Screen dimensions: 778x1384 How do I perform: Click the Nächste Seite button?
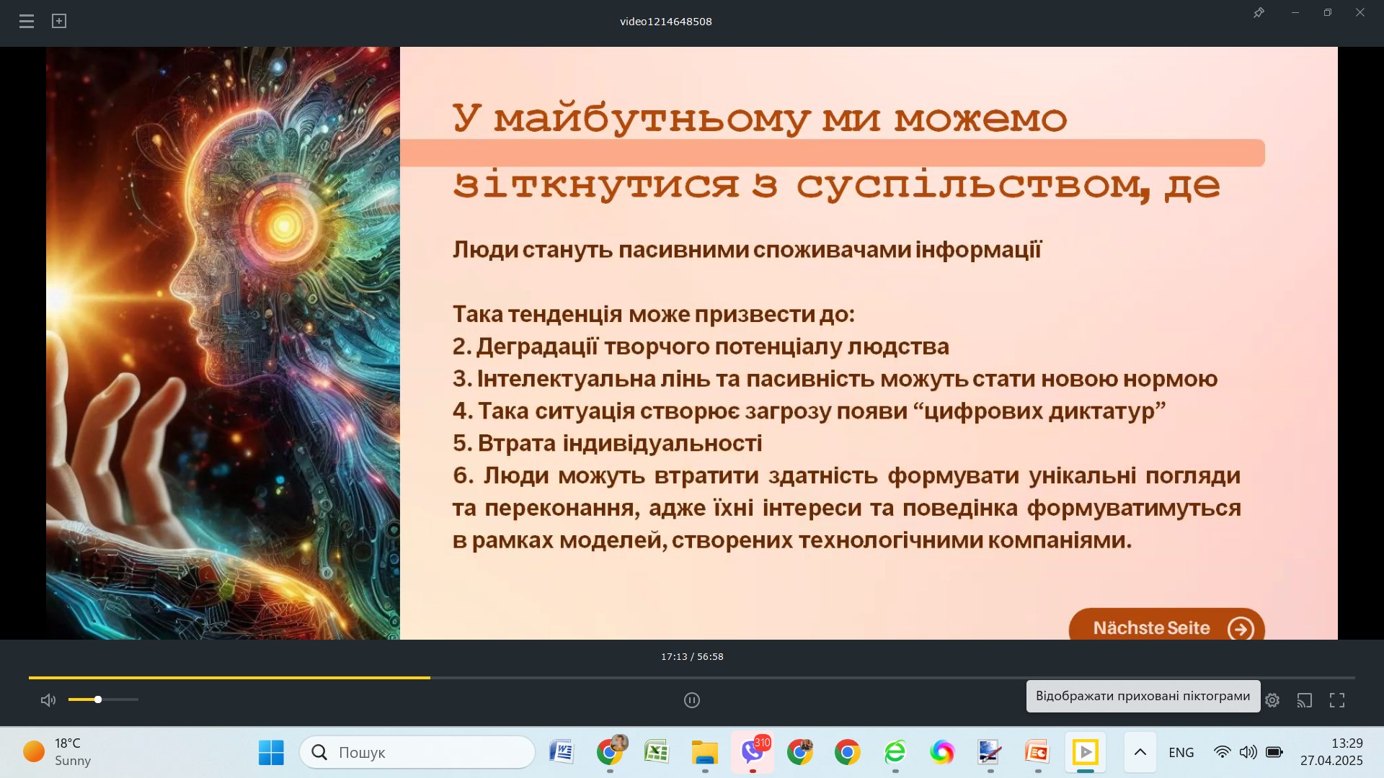pos(1166,627)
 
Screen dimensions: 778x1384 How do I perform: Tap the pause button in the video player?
pos(692,700)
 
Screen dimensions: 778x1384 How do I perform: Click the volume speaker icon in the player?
pos(48,700)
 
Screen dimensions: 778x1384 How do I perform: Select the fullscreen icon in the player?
pos(1337,700)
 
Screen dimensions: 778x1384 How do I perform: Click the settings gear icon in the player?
pos(1272,700)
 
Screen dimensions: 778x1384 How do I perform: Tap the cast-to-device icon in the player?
pos(1305,700)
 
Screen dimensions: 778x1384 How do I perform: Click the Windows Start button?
pos(271,753)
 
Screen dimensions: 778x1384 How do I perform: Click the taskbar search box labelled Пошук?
pos(417,753)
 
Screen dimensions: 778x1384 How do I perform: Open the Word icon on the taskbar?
pos(561,753)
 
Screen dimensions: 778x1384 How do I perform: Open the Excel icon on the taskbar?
pos(657,753)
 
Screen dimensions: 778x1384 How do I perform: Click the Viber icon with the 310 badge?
pos(753,753)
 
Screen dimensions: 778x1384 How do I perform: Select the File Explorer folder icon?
pos(704,753)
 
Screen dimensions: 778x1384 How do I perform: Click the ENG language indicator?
pos(1181,753)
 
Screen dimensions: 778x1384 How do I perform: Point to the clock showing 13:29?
pos(1347,743)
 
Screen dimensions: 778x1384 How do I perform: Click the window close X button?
pos(1360,13)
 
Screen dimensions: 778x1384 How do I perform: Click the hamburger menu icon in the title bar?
pos(27,22)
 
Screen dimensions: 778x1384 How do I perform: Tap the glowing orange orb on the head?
pos(283,225)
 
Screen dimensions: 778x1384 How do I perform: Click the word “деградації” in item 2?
pos(537,346)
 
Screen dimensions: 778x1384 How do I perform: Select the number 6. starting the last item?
pos(463,475)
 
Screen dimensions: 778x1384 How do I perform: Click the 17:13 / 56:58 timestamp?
pos(692,657)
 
